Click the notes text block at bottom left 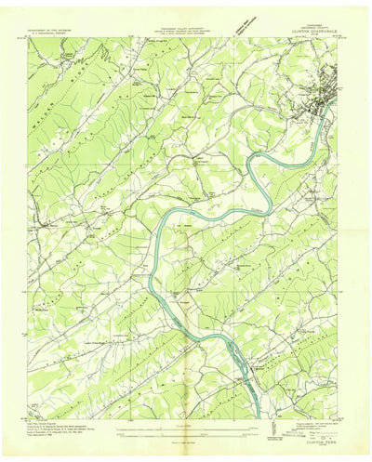coord(65,429)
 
